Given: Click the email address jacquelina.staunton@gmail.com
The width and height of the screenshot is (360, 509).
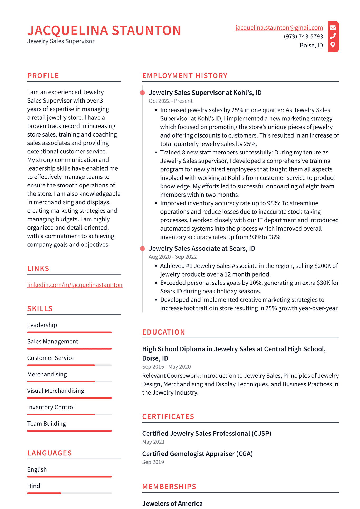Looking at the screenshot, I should pos(279,28).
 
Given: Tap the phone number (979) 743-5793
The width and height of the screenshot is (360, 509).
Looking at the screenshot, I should pos(303,36).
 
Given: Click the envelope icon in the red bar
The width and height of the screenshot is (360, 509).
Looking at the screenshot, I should pos(333,27).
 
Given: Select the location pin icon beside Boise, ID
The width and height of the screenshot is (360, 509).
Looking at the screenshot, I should pos(333,45).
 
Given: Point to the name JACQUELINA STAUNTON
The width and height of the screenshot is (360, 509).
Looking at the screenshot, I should pos(104,31).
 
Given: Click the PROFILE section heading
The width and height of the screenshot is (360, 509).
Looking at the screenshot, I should pos(43,76).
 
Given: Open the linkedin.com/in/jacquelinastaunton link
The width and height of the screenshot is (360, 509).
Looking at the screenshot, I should pos(75,285).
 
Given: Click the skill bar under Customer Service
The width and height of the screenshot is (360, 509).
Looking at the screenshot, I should pos(70,365).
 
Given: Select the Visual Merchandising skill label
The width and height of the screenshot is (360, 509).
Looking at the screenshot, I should pos(56,391).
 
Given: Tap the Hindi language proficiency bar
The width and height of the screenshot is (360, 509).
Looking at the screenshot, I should pos(70,493).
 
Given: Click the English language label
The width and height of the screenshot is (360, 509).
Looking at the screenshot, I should pos(37,469).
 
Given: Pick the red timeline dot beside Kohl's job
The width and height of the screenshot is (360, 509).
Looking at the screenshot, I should pos(143,93).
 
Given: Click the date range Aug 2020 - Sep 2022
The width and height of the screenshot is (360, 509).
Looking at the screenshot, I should pos(173,257).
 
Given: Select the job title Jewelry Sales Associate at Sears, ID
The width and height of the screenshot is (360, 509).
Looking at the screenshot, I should pos(202,249).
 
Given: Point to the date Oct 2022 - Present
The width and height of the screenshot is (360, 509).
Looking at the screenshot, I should pos(171,101).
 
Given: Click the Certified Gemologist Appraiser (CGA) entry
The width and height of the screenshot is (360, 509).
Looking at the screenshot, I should pos(197,454).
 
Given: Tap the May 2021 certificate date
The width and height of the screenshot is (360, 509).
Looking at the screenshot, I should pos(153,442).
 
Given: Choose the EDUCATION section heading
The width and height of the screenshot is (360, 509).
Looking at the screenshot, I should pos(164,332).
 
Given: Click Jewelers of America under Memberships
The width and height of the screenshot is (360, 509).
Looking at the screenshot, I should pos(172,503).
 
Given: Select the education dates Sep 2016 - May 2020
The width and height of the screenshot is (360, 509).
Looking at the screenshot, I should pos(166,367).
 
